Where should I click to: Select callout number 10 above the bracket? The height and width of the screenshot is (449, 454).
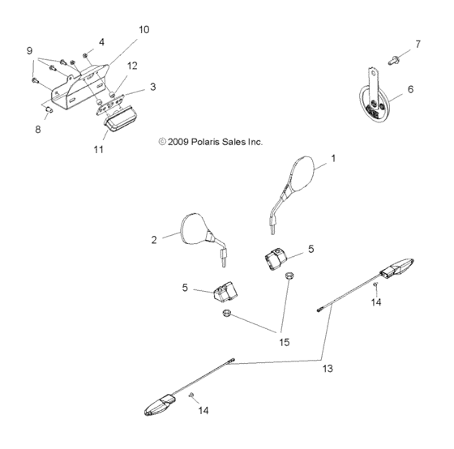click(x=143, y=29)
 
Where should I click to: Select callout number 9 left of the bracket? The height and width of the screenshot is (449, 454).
click(x=30, y=50)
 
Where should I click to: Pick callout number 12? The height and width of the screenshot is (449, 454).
click(x=133, y=65)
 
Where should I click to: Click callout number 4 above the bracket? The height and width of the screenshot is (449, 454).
click(x=101, y=41)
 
